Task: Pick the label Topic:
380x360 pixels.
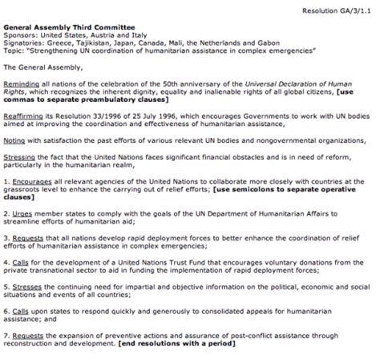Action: coord(14,53)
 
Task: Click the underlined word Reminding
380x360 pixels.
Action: coord(21,83)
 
